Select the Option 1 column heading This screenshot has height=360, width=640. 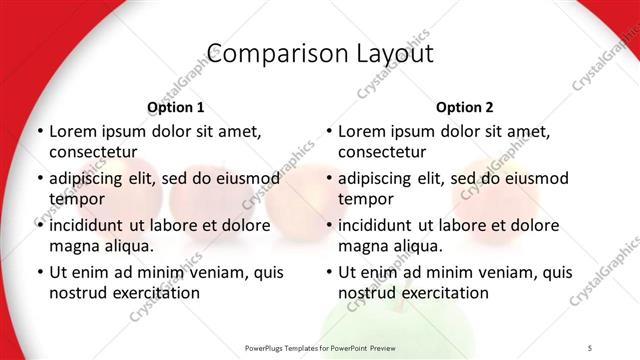(175, 107)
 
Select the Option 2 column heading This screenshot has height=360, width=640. (464, 107)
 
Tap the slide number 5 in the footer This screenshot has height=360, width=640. (590, 347)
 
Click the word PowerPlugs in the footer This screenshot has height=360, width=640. (269, 347)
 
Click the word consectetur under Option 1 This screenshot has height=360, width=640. (93, 151)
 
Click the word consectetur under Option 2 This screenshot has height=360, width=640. (382, 151)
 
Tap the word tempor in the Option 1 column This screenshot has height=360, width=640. (73, 198)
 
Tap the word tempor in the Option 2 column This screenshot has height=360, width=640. (362, 198)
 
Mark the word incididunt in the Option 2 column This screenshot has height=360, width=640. (377, 226)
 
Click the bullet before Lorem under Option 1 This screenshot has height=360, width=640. (39, 132)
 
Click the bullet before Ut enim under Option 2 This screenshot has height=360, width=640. (328, 273)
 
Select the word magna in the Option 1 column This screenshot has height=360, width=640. (73, 245)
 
